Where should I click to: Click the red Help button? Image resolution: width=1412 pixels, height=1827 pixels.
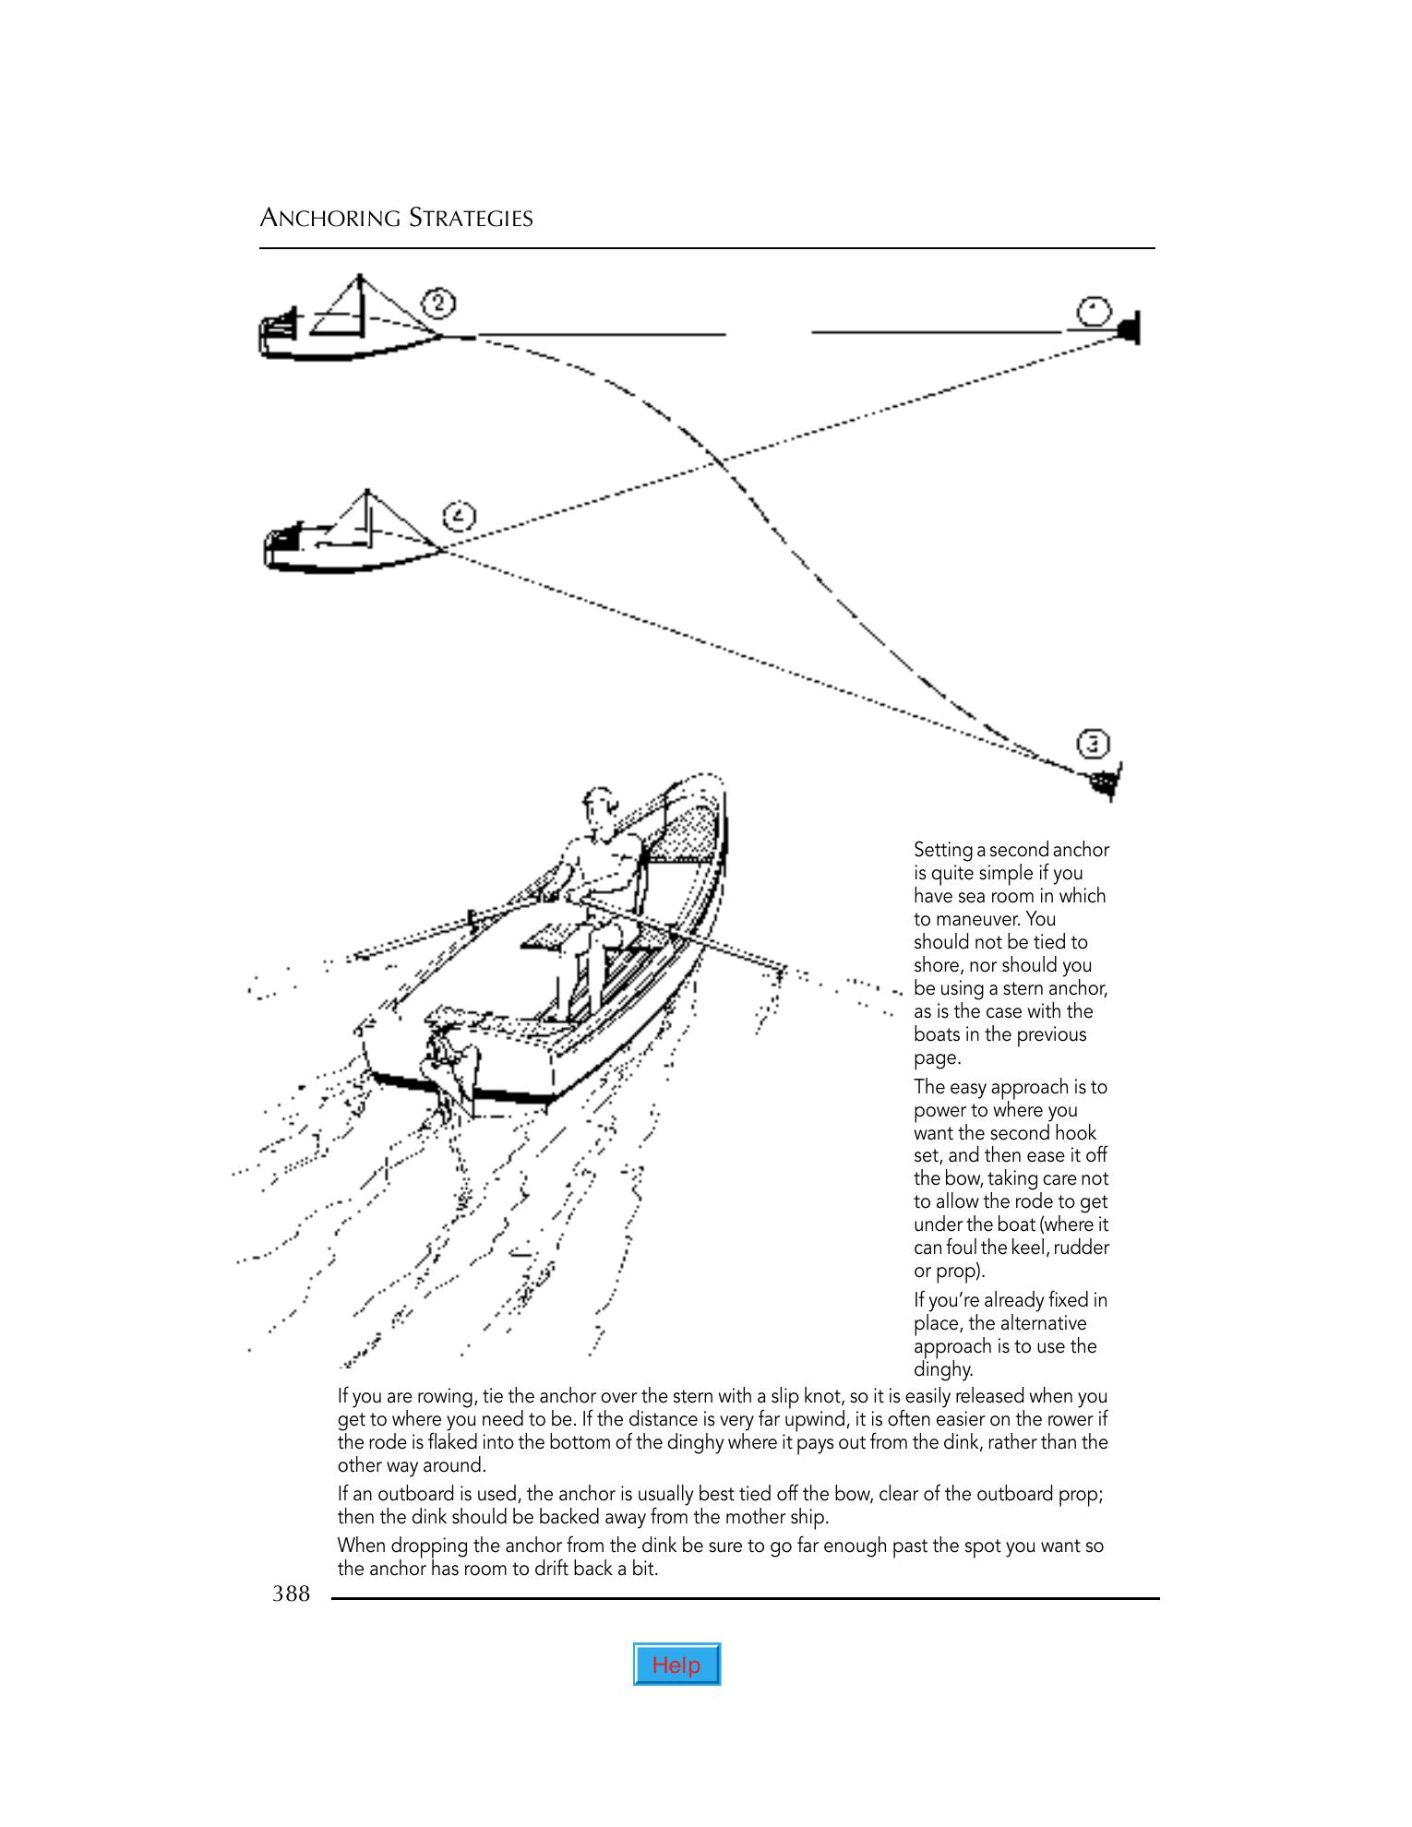[x=676, y=1665]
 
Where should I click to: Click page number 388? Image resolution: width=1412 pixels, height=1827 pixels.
[x=291, y=1594]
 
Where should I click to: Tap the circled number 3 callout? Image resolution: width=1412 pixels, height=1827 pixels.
[x=1093, y=744]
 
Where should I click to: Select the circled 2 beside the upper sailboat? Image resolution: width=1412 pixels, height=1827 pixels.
[x=439, y=303]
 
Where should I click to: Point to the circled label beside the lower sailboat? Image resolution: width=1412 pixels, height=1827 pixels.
[x=460, y=517]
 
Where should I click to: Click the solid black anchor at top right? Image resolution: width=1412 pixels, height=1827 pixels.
[x=1129, y=328]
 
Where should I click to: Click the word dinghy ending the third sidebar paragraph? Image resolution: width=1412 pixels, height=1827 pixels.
[x=943, y=1369]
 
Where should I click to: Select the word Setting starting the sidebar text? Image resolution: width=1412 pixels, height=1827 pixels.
[x=942, y=850]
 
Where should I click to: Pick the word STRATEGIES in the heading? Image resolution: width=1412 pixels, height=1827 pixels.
[x=471, y=219]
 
